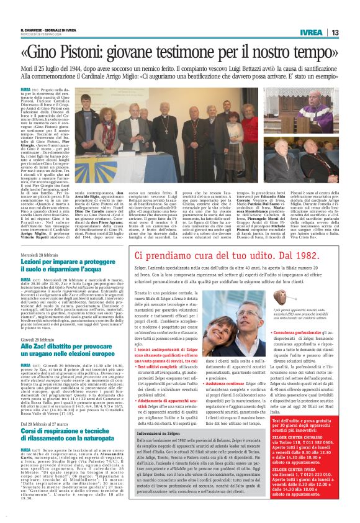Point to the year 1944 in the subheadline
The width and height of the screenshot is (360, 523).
pos(97,66)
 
